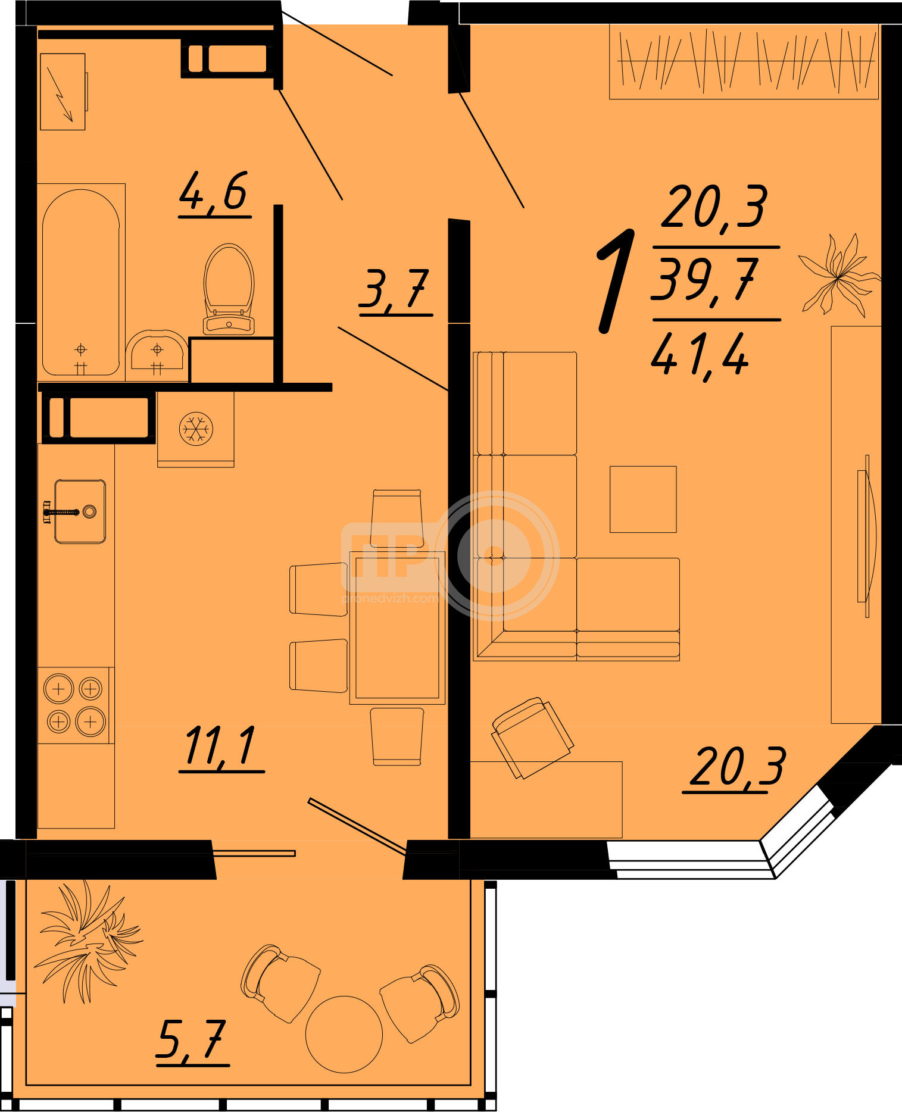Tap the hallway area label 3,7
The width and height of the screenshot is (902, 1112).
coord(394,290)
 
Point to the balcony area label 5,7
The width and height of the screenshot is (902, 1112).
coord(192,1041)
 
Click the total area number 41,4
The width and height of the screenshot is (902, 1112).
coord(700,354)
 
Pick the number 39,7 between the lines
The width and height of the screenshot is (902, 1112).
coord(706,279)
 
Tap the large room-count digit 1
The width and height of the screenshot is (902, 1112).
coord(615,280)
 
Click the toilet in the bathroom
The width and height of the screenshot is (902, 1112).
coord(229,289)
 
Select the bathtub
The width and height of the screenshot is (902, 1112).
coord(81,282)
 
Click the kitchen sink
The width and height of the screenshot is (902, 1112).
coord(80,511)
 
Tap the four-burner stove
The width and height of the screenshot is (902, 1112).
coord(74,705)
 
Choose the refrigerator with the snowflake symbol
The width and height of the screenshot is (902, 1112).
coord(196,429)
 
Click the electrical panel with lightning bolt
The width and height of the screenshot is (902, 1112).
coord(63,92)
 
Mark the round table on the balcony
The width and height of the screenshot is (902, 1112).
coord(344,1035)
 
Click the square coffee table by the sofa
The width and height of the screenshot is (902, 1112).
coord(643,499)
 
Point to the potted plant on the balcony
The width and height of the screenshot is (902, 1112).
coord(88,943)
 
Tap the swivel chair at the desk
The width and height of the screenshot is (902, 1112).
coord(532,738)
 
